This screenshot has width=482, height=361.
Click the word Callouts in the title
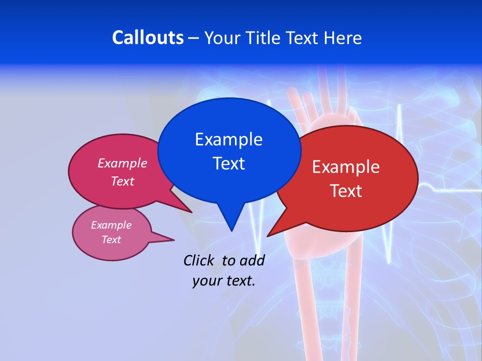tap(148, 38)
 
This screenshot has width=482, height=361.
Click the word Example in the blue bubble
tap(228, 139)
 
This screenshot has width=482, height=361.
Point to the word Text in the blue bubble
tap(228, 163)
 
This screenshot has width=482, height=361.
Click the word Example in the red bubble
tap(346, 167)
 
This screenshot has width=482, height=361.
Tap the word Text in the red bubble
tap(346, 191)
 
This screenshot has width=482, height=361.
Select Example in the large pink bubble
tap(123, 163)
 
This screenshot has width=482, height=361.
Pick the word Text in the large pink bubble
tap(123, 181)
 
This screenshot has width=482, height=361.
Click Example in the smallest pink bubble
tap(111, 225)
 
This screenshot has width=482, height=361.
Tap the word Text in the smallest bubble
tap(111, 240)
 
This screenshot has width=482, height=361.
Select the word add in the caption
tap(252, 260)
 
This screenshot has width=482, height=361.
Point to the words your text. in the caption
tap(224, 281)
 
